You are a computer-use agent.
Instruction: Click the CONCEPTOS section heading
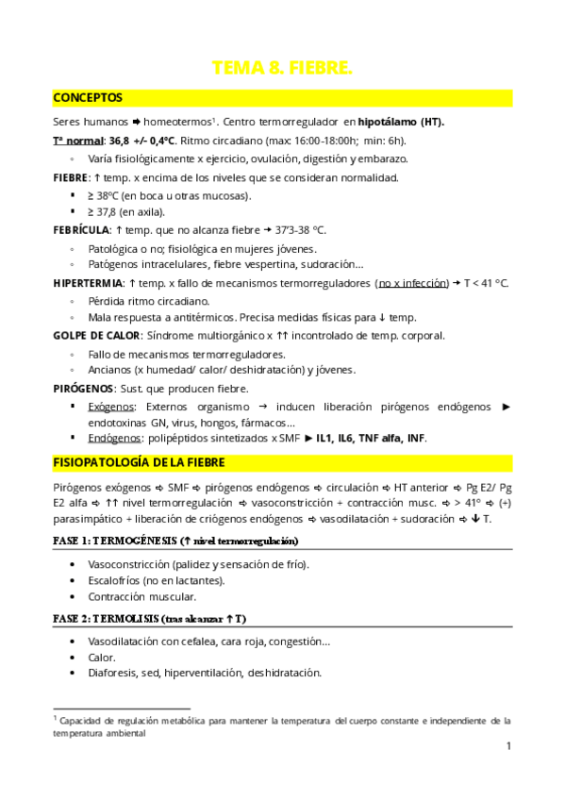tap(87, 97)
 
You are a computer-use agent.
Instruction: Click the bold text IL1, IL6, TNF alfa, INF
tap(372, 439)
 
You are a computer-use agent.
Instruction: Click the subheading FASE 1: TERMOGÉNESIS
tap(116, 542)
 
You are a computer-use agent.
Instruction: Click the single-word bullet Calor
tap(102, 657)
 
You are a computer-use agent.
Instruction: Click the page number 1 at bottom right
tap(508, 747)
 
